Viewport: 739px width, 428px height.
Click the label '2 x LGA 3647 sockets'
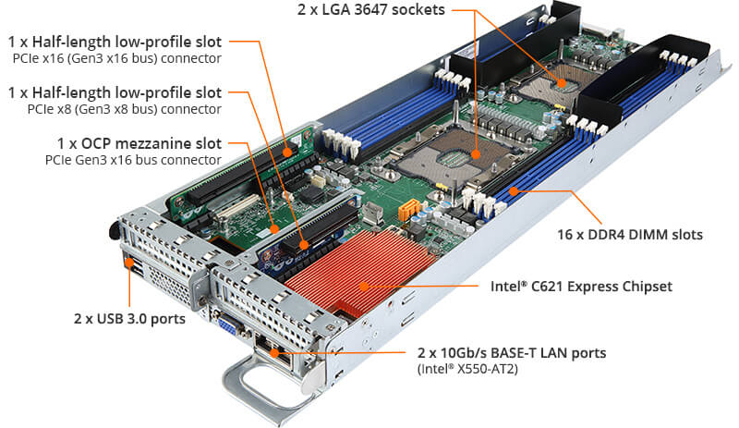pyautogui.click(x=370, y=10)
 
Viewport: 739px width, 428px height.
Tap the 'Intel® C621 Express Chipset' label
pyautogui.click(x=581, y=287)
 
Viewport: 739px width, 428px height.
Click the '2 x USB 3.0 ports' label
pyautogui.click(x=130, y=319)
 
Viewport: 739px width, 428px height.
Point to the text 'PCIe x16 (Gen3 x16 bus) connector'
pyautogui.click(x=116, y=58)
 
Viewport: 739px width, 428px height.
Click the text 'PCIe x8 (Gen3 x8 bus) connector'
pyautogui.click(x=116, y=109)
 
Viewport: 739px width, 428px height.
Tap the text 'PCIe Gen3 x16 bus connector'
pyautogui.click(x=132, y=160)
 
